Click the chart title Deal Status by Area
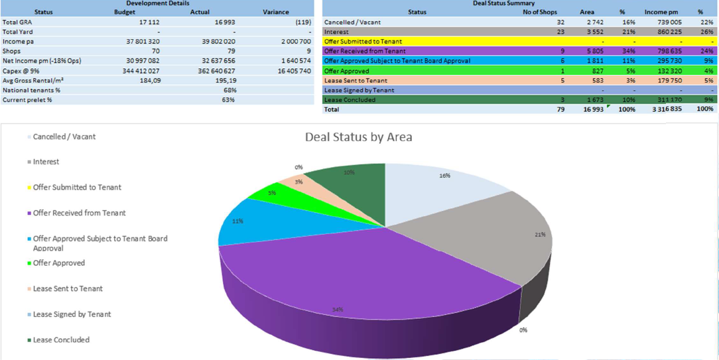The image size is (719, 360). point(358,137)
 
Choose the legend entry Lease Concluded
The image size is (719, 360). point(61,340)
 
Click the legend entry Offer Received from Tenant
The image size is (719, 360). point(79,213)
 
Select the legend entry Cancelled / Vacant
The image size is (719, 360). point(64,137)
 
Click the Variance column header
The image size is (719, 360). point(276,12)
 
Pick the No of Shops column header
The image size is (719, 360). point(540,12)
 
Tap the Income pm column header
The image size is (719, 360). point(660,12)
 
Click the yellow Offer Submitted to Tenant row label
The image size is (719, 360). point(363,41)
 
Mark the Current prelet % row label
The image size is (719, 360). point(27,99)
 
